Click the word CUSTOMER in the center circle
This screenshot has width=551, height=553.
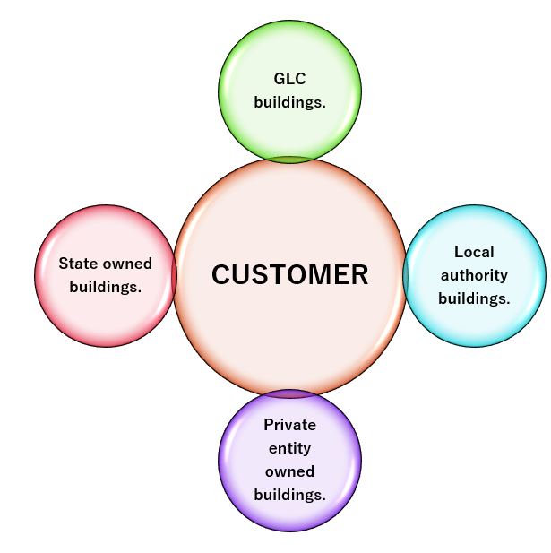pos(289,275)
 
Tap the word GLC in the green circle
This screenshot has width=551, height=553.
pos(289,79)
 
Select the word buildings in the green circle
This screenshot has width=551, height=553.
pos(289,102)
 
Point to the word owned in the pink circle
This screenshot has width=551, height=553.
pos(129,264)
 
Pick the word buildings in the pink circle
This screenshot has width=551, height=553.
pos(106,288)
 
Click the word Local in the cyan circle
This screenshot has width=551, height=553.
pos(474,252)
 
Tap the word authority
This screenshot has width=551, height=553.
pos(474,275)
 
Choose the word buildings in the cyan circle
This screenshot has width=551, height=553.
pos(474,298)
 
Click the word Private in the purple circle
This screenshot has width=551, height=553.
pos(289,425)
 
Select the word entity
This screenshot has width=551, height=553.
pos(289,448)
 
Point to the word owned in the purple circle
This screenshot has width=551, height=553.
pos(289,471)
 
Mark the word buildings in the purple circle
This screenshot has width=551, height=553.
pos(289,495)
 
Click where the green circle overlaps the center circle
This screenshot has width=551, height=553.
pos(289,160)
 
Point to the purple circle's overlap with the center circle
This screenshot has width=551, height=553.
pos(289,393)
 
